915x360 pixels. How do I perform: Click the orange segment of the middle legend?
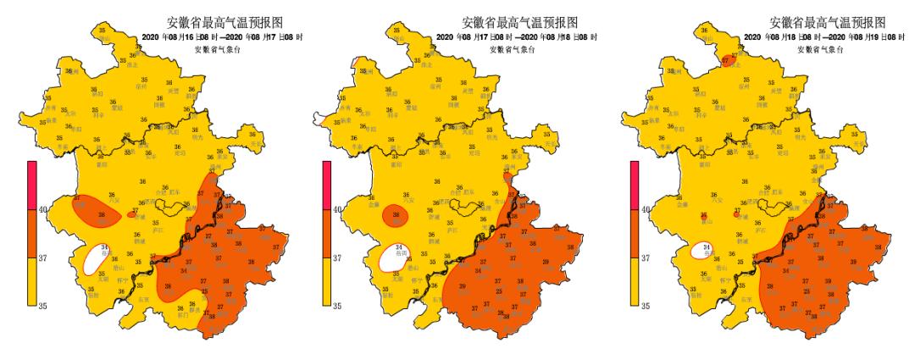(327, 232)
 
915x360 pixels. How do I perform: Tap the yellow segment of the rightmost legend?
(635, 280)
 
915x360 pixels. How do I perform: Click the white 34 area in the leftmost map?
(97, 260)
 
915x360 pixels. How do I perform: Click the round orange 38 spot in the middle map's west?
(396, 217)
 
